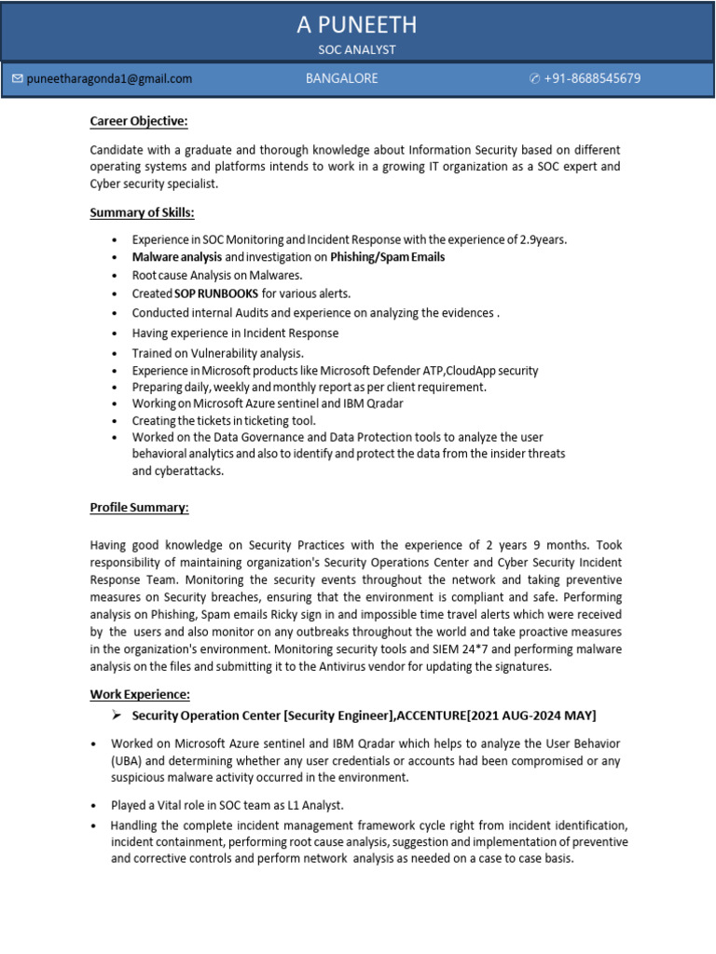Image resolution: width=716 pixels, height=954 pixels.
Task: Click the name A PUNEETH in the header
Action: point(357,24)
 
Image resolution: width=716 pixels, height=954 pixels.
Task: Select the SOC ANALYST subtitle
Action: point(357,49)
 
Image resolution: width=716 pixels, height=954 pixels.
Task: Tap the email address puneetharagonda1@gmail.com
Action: point(109,79)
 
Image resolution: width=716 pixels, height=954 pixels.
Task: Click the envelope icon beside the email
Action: point(17,79)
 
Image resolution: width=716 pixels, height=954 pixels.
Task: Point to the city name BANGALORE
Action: point(341,79)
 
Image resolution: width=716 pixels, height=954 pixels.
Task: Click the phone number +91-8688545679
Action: point(592,79)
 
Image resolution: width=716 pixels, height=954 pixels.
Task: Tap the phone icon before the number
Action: point(534,79)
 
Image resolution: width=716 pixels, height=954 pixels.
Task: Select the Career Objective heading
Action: point(139,121)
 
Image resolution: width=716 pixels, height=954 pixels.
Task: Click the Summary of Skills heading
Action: point(142,212)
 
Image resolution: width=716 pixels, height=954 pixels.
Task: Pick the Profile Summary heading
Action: point(139,508)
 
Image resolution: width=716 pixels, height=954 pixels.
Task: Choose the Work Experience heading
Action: point(140,694)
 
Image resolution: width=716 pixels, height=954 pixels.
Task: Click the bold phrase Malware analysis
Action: point(177,257)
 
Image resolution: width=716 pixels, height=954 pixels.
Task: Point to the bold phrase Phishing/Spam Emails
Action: point(387,257)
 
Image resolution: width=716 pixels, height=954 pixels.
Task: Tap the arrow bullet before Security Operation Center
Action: point(117,715)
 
